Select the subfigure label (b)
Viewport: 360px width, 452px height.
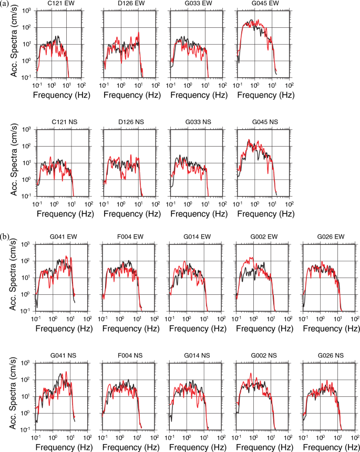click(x=5, y=237)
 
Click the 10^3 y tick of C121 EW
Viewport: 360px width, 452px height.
click(x=28, y=11)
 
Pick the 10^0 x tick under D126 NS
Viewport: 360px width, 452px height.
click(x=121, y=203)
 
